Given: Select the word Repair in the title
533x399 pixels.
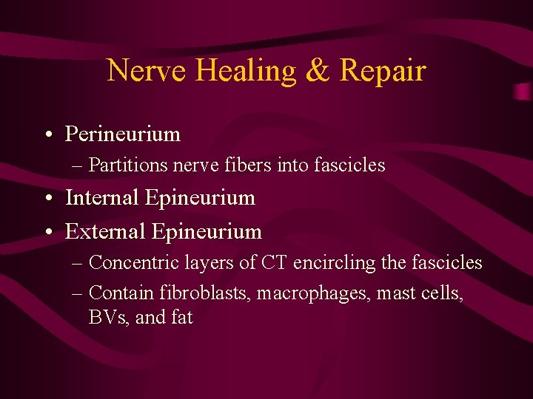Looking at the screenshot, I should [x=383, y=71].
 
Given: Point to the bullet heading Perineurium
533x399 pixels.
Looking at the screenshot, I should [x=123, y=134].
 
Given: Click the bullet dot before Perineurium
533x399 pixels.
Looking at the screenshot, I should [x=47, y=134].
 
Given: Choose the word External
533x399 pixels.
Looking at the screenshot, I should [x=105, y=231].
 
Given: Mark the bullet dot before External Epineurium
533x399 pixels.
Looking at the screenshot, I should [x=47, y=232].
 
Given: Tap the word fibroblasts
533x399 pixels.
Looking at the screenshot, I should [x=207, y=293].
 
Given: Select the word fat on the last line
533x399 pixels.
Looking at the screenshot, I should [x=181, y=318].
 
